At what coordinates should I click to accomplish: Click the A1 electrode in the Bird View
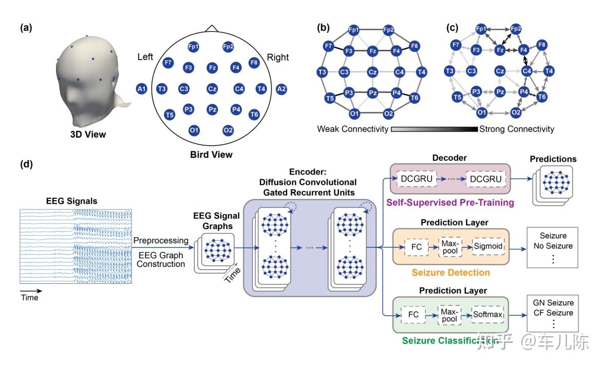tap(142, 89)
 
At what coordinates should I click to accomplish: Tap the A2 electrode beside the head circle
tap(281, 89)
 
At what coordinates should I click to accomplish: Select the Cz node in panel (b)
tap(373, 73)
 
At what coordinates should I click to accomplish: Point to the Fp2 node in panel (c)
tap(516, 29)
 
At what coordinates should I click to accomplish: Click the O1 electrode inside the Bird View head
tap(194, 130)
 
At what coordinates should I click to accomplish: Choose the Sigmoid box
tap(488, 246)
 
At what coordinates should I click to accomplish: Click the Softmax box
tap(488, 314)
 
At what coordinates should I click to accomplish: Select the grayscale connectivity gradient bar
tap(434, 129)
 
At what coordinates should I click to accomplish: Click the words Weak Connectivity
tap(352, 129)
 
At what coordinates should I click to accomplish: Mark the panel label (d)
tap(26, 165)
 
